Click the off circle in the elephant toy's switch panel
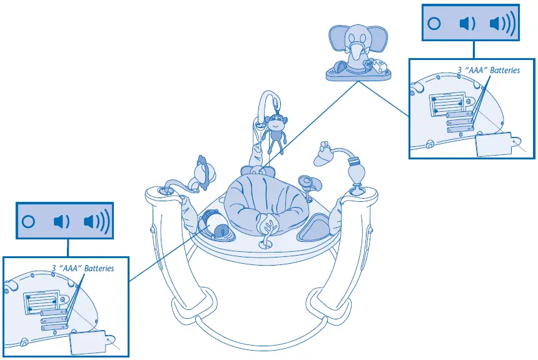click(x=434, y=24)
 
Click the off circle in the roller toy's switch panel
click(x=28, y=221)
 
